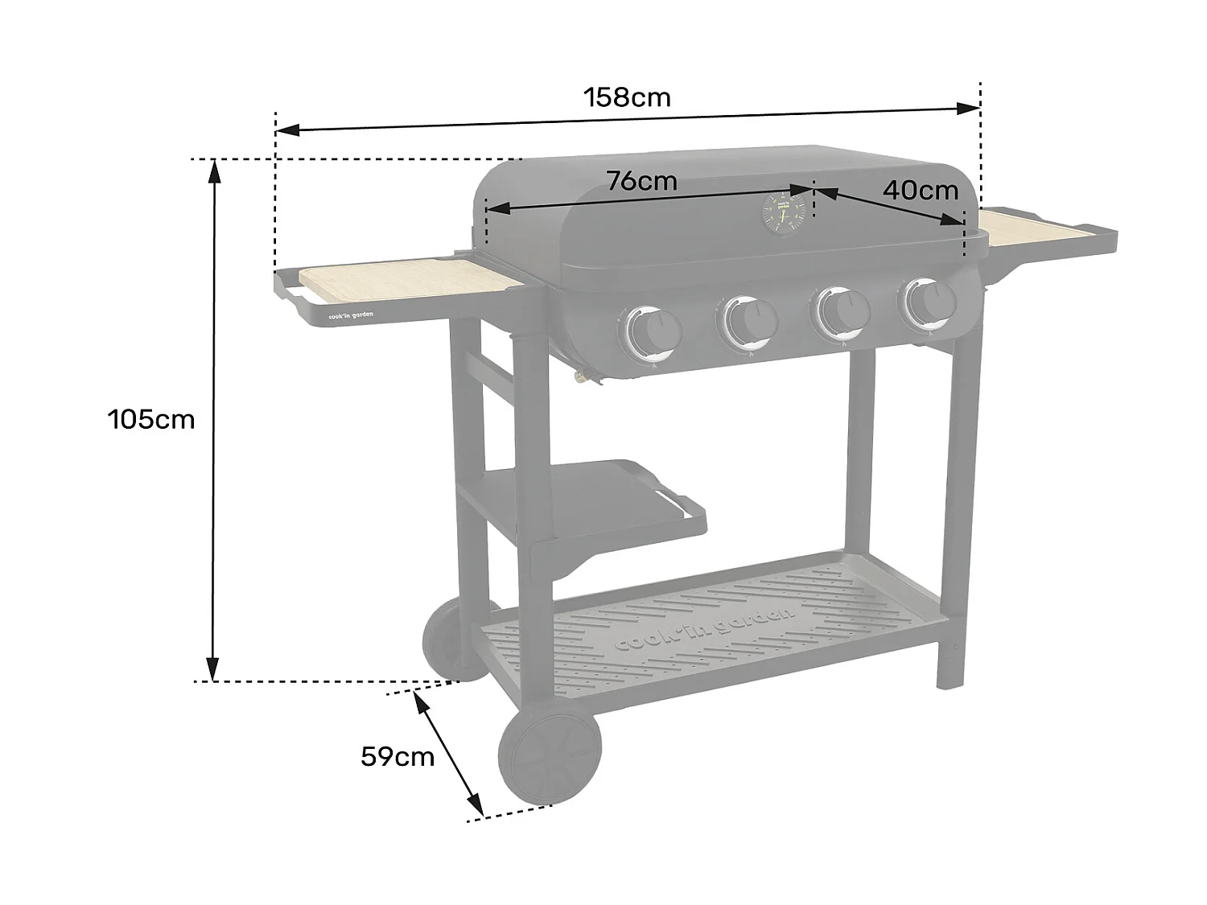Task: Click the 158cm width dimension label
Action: tap(627, 97)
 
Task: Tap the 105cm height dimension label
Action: tap(151, 419)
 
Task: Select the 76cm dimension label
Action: tap(641, 181)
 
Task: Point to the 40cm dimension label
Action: tap(920, 190)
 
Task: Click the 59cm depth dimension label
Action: tap(397, 756)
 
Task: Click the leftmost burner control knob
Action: tap(653, 331)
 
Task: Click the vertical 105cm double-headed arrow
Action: tap(213, 419)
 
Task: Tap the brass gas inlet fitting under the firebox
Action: tap(581, 376)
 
